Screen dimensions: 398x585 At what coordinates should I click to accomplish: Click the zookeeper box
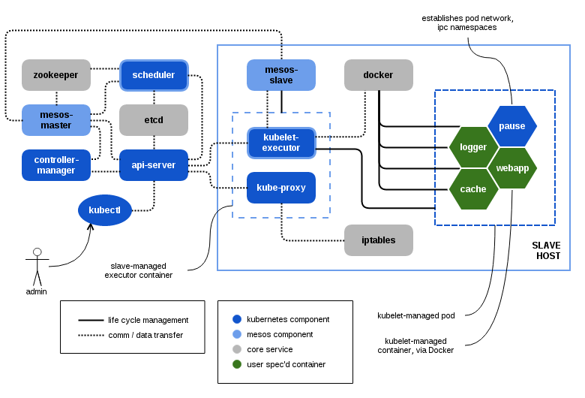pos(56,75)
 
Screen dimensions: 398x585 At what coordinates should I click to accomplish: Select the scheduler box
pos(154,75)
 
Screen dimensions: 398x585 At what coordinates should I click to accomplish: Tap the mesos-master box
pos(56,120)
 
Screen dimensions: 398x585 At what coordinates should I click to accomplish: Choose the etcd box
pos(154,120)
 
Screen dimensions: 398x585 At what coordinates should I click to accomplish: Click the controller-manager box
pos(56,165)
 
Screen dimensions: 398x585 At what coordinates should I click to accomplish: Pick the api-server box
pos(154,165)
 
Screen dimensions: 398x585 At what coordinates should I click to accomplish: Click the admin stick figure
pos(37,267)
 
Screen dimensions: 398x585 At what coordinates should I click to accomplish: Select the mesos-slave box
pos(281,75)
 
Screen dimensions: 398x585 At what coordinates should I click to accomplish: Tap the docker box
pos(379,75)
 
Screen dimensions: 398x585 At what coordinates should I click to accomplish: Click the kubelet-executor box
pos(281,143)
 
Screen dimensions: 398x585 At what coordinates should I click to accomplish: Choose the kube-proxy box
pos(281,188)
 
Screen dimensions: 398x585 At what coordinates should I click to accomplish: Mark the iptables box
pos(379,240)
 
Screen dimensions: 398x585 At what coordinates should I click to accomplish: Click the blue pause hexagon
pos(512,126)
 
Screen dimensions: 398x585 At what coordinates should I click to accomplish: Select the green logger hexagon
pos(473,147)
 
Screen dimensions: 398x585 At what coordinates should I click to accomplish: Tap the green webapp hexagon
pos(512,168)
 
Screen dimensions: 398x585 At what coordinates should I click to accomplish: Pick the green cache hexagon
pos(473,189)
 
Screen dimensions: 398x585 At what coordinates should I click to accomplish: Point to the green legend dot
pos(237,364)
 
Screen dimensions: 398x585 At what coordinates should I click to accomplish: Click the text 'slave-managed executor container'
pos(139,270)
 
